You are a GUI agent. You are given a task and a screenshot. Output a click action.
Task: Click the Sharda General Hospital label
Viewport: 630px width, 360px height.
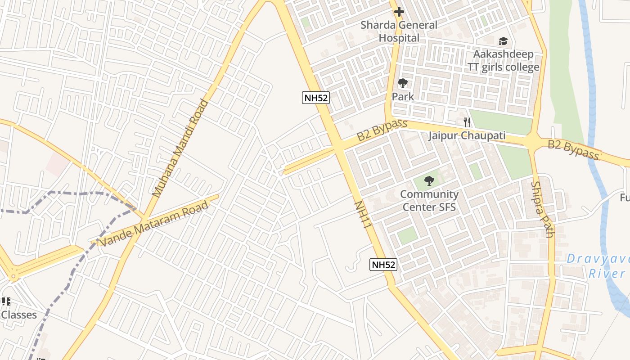tap(399, 31)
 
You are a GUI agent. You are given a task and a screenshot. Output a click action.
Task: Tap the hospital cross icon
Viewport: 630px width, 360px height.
tap(399, 12)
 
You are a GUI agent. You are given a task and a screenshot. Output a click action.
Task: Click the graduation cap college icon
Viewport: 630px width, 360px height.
tap(503, 41)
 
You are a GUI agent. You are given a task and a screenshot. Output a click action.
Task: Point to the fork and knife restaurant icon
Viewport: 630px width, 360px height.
tap(467, 122)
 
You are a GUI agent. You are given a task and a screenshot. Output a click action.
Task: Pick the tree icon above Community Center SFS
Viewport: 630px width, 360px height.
tap(429, 181)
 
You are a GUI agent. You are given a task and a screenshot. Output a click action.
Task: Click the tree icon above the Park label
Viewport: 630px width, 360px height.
tap(402, 83)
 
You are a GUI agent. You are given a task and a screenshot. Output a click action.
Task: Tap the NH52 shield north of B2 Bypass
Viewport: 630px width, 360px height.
tap(315, 98)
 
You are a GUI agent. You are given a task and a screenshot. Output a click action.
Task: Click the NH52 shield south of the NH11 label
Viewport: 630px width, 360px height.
tap(383, 265)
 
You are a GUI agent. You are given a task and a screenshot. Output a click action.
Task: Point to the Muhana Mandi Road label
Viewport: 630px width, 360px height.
tap(180, 148)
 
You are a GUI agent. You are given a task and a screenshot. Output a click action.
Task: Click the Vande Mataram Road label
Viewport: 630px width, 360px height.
tap(154, 224)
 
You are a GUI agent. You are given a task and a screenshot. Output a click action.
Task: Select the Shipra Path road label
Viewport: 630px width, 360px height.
tap(543, 209)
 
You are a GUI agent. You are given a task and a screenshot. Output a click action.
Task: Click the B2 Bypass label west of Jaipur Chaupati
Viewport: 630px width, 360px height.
tap(382, 130)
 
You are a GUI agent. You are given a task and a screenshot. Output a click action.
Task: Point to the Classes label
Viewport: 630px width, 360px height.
tap(19, 315)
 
